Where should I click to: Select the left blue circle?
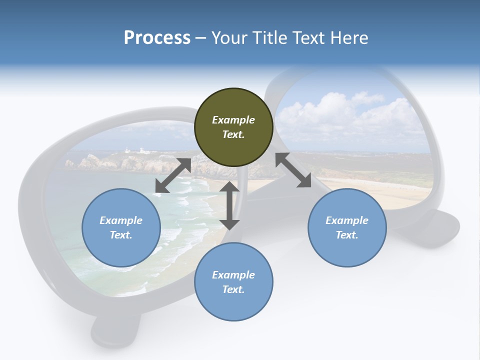[x=121, y=227]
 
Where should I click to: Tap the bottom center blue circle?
[x=233, y=282]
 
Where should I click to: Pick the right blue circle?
[x=347, y=227]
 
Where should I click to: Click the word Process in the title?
[x=157, y=38]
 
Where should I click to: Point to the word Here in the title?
[x=349, y=38]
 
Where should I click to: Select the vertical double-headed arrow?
[x=229, y=205]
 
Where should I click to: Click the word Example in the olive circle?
[x=233, y=120]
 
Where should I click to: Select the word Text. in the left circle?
[x=121, y=235]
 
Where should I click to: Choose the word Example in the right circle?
[x=347, y=220]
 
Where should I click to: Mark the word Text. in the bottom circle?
[x=233, y=289]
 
